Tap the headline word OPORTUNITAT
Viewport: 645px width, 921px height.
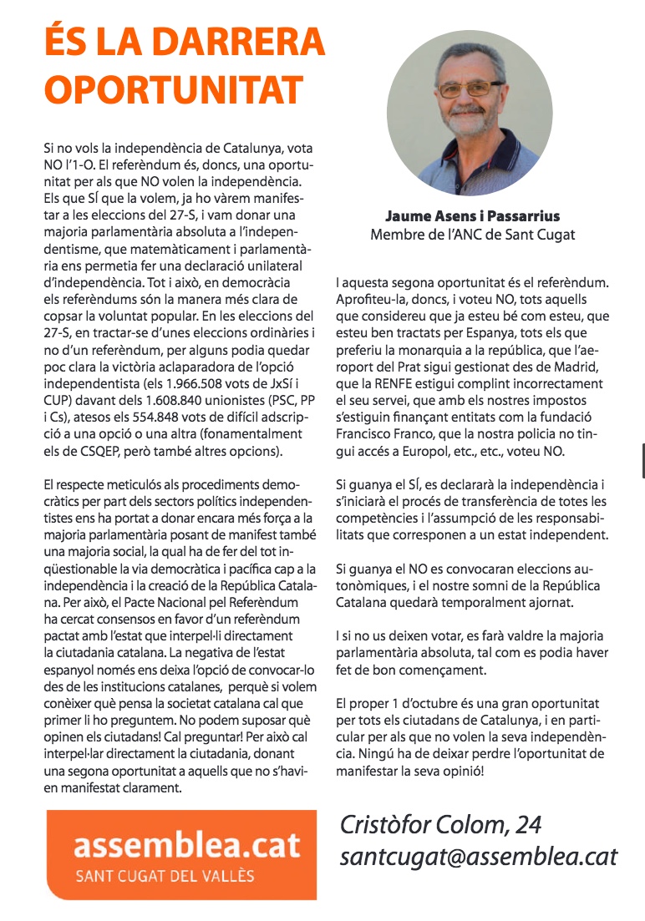(173, 89)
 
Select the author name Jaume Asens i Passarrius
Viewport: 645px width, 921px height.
(473, 216)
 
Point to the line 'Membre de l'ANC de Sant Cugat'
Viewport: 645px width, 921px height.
(473, 235)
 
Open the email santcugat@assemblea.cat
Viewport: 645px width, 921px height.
(478, 857)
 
